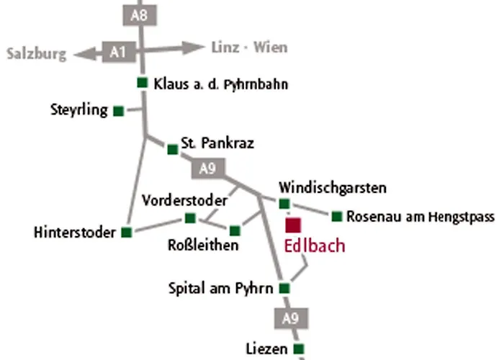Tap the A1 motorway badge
click(x=118, y=52)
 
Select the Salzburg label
click(x=36, y=54)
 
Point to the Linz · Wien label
click(x=249, y=48)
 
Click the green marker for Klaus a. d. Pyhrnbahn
click(x=143, y=83)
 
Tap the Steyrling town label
click(x=79, y=110)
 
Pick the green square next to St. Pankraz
click(x=173, y=149)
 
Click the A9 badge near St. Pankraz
click(x=207, y=169)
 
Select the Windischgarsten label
click(x=333, y=188)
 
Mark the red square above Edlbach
click(x=293, y=224)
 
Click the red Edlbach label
click(x=315, y=246)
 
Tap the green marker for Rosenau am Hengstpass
click(x=336, y=216)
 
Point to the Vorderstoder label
click(x=185, y=199)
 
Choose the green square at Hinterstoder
click(x=127, y=232)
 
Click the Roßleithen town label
click(x=202, y=246)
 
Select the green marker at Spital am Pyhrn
click(x=284, y=289)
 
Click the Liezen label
click(x=266, y=349)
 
